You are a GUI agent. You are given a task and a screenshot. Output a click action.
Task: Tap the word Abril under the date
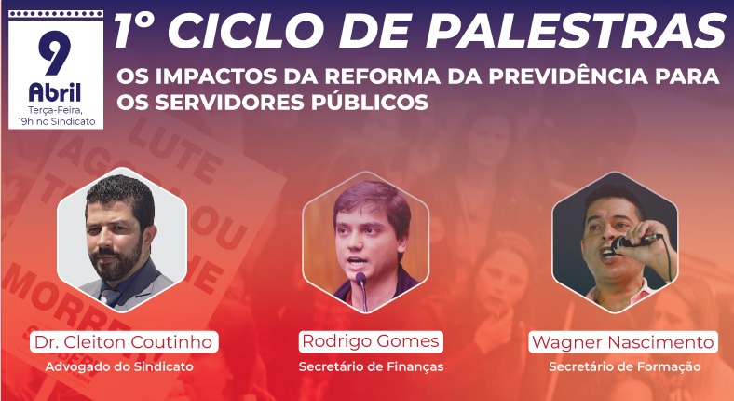pos(54,92)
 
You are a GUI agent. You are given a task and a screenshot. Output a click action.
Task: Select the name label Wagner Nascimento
pos(623,342)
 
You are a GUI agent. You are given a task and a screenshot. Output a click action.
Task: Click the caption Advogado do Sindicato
pos(119,366)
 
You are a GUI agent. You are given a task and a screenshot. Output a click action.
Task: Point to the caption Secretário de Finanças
pos(371,366)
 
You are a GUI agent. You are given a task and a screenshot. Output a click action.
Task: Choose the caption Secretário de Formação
pos(624,366)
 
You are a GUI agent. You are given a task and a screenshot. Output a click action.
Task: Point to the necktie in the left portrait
pos(111,296)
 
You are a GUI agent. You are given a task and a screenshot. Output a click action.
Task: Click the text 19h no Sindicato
pos(55,121)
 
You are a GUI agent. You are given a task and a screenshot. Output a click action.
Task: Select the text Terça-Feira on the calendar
pos(54,110)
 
